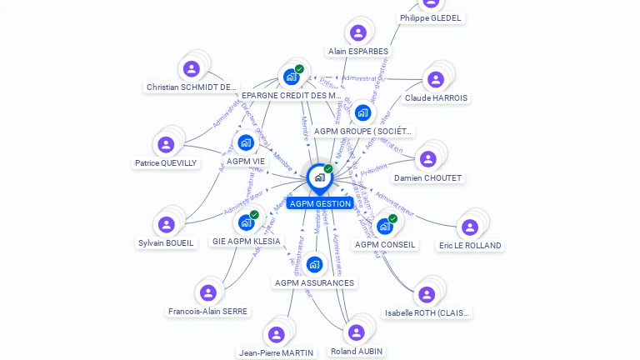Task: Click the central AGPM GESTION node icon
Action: [319, 177]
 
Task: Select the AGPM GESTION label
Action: [321, 204]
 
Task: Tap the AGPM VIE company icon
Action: [246, 142]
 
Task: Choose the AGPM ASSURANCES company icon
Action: [314, 265]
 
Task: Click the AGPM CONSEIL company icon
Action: [384, 226]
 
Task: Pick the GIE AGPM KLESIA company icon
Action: [246, 222]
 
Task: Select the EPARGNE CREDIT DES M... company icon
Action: [291, 77]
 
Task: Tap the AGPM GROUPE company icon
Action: [362, 112]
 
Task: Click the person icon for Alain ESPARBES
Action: [358, 33]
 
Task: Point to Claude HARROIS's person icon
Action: [435, 80]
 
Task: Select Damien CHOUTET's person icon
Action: [428, 159]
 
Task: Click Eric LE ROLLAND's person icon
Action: [470, 227]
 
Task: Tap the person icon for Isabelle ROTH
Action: [427, 294]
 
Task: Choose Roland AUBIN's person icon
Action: [357, 332]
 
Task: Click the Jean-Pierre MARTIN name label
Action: [276, 353]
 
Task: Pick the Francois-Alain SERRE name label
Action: [208, 312]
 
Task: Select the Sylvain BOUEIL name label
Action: [166, 243]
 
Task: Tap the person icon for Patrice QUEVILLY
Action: [167, 145]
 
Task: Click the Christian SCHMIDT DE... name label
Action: [192, 87]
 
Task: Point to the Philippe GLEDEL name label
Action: [430, 17]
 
